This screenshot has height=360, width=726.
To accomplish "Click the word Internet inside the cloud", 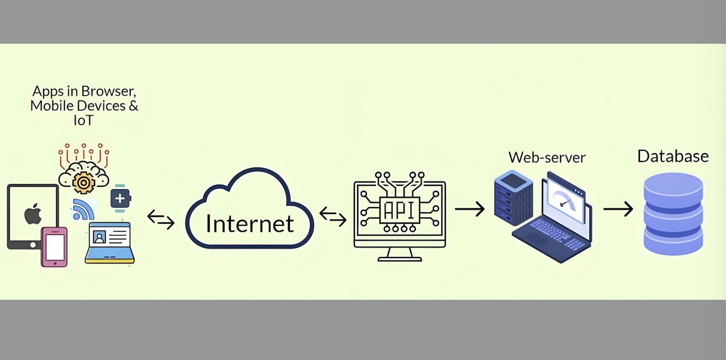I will pyautogui.click(x=250, y=224).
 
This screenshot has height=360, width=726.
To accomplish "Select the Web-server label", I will pyautogui.click(x=547, y=157).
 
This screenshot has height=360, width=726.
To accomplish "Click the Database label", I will pyautogui.click(x=673, y=156).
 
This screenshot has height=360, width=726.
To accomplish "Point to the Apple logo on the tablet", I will pyautogui.click(x=33, y=213).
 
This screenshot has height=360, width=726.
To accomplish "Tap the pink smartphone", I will pyautogui.click(x=55, y=247).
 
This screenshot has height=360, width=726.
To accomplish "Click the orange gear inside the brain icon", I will pyautogui.click(x=83, y=182).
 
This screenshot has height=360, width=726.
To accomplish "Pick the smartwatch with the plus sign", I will pyautogui.click(x=120, y=198).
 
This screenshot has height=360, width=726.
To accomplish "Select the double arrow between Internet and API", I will pyautogui.click(x=333, y=216).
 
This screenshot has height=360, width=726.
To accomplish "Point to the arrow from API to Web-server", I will pyautogui.click(x=469, y=209).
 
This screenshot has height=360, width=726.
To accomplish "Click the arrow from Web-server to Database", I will pyautogui.click(x=618, y=209).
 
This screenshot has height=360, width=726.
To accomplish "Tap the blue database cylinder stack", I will pyautogui.click(x=673, y=213).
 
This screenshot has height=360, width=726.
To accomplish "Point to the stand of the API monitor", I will pyautogui.click(x=400, y=254).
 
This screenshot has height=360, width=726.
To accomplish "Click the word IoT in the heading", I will pyautogui.click(x=84, y=120).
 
